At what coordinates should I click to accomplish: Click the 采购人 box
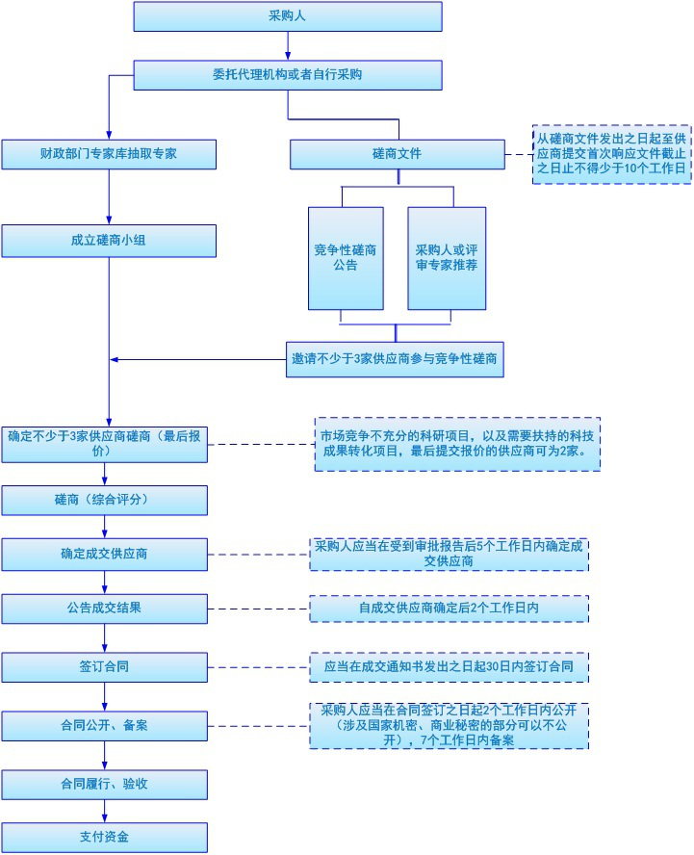pyautogui.click(x=287, y=16)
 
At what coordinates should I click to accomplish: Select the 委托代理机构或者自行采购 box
pyautogui.click(x=287, y=74)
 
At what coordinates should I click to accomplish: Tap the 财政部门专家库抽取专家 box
pyautogui.click(x=108, y=154)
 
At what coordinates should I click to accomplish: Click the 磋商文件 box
pyautogui.click(x=397, y=154)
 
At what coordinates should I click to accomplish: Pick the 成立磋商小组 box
pyautogui.click(x=108, y=240)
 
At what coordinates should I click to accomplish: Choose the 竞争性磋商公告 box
pyautogui.click(x=346, y=258)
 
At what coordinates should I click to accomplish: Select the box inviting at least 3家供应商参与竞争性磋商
pyautogui.click(x=395, y=359)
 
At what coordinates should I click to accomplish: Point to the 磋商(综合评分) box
pyautogui.click(x=104, y=500)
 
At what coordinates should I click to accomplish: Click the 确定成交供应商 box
pyautogui.click(x=104, y=555)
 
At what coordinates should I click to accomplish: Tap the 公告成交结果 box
pyautogui.click(x=104, y=609)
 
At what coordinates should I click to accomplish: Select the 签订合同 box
pyautogui.click(x=104, y=666)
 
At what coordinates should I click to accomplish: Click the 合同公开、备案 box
pyautogui.click(x=104, y=725)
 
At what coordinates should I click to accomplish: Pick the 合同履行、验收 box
pyautogui.click(x=104, y=784)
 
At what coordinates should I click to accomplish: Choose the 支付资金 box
pyautogui.click(x=104, y=837)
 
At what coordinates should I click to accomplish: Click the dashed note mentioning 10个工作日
pyautogui.click(x=612, y=154)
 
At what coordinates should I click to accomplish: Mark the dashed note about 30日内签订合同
pyautogui.click(x=449, y=666)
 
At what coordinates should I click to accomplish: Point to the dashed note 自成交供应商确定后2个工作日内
pyautogui.click(x=449, y=609)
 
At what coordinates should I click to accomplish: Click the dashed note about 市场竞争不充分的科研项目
pyautogui.click(x=457, y=443)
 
